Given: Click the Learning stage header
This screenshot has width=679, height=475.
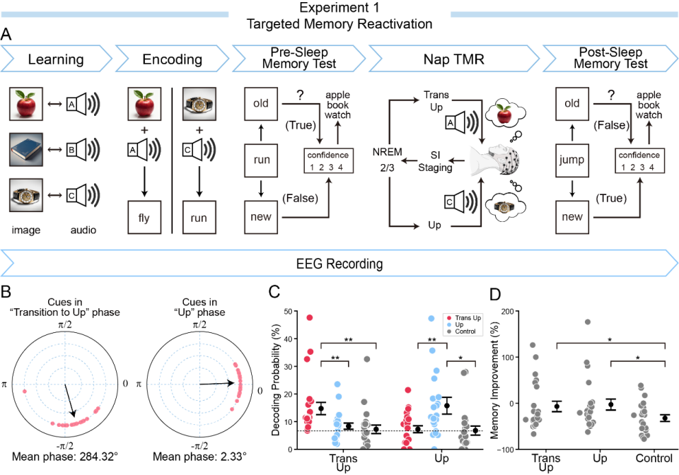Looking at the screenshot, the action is click(x=56, y=59).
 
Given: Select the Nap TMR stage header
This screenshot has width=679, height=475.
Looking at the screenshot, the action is click(x=453, y=59).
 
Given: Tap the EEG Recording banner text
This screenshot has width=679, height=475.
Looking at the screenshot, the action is click(x=339, y=264).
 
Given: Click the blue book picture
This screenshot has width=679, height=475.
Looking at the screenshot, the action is click(x=26, y=150).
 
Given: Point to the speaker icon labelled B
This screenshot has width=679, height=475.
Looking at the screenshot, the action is click(x=83, y=150).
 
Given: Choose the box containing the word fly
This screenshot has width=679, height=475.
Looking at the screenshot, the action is click(x=144, y=217).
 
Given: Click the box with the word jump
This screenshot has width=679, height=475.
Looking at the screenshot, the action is click(x=572, y=160).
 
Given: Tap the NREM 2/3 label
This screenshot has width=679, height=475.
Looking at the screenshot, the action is click(x=387, y=160).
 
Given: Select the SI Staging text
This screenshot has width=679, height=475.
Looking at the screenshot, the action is click(x=435, y=161).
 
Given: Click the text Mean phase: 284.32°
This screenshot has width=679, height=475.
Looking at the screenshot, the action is click(x=65, y=457).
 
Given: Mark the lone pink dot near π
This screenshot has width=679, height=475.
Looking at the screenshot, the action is click(x=24, y=392).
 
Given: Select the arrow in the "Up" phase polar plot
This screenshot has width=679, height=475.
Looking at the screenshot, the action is click(x=217, y=383).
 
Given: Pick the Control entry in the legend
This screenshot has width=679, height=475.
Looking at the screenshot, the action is click(x=462, y=332).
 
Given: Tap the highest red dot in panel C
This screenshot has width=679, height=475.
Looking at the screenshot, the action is click(x=310, y=317).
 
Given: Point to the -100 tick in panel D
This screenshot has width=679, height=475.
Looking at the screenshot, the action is click(x=505, y=450).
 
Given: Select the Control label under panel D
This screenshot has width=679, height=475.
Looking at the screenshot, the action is click(x=654, y=458).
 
